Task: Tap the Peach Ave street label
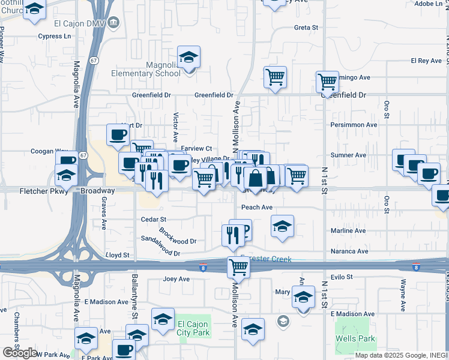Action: click(257, 208)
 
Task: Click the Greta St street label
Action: click(306, 28)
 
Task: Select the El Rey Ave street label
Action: click(426, 61)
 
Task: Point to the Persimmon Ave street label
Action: click(354, 125)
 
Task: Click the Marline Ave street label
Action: click(348, 230)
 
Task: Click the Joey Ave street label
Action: click(176, 279)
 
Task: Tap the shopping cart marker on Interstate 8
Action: click(238, 267)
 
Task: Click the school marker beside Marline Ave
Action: click(282, 226)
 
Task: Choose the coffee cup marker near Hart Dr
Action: click(118, 134)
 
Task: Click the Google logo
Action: click(20, 353)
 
